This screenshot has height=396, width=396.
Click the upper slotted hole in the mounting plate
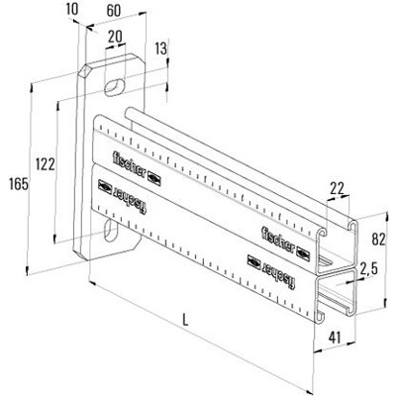pyautogui.click(x=115, y=89)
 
